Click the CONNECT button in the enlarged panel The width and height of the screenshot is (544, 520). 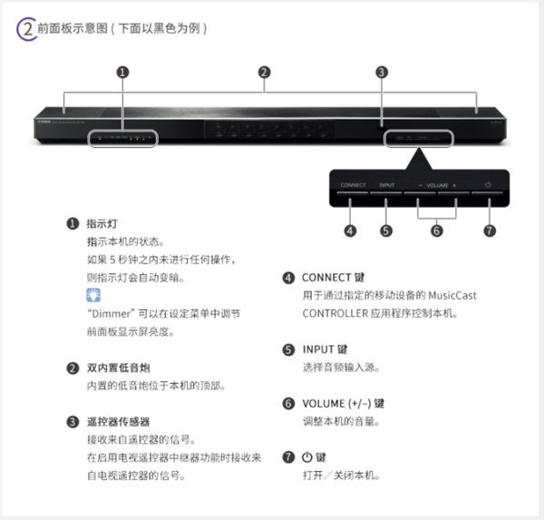pos(353,185)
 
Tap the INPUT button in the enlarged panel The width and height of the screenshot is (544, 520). pos(387,185)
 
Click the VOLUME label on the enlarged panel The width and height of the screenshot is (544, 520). pos(437,185)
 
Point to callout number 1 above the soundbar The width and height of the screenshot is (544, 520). pos(123,72)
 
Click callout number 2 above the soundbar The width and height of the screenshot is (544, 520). pos(264,72)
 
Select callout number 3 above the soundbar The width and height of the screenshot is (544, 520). pos(382,72)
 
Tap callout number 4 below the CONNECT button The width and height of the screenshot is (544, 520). pos(351,231)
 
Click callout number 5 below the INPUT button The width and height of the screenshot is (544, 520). pos(386,231)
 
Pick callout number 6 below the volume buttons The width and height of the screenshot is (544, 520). pos(436,231)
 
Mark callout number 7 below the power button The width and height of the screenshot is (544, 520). pos(490,231)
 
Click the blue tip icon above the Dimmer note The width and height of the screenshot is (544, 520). pos(93,295)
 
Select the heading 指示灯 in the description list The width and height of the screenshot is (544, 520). pos(102,223)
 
